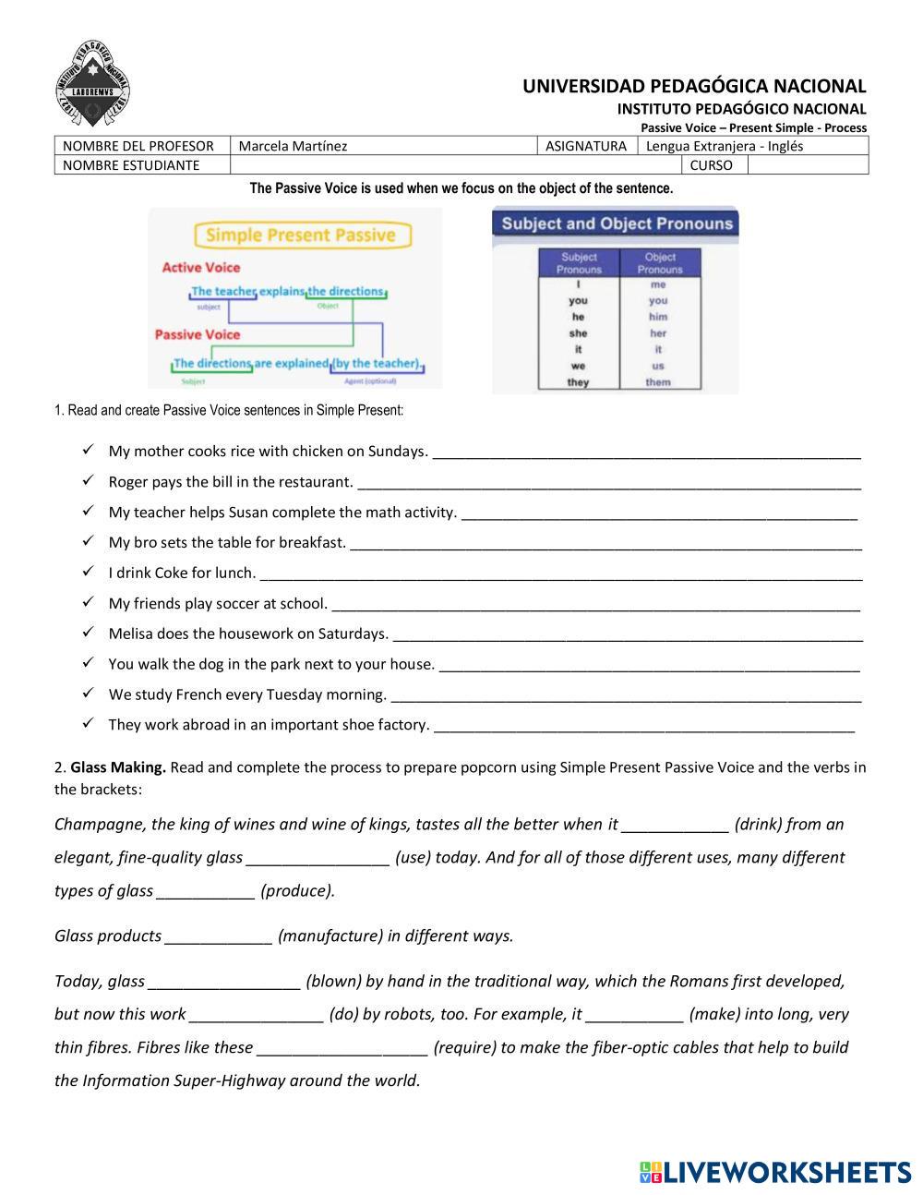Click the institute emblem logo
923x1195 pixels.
(x=92, y=85)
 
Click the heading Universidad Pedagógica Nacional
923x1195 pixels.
(x=694, y=87)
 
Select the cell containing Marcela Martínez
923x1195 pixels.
(x=382, y=146)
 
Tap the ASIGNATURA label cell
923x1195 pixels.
(x=586, y=146)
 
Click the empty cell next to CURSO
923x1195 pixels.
(x=807, y=165)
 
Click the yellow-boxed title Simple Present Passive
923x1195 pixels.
(x=300, y=235)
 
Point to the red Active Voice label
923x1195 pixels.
(x=201, y=268)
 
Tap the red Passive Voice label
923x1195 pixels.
(x=198, y=334)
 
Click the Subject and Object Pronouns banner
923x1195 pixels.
(x=617, y=223)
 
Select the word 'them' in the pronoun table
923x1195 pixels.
(x=658, y=382)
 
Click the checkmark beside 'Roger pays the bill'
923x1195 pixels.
(x=88, y=481)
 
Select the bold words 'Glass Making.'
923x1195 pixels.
(x=118, y=767)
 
